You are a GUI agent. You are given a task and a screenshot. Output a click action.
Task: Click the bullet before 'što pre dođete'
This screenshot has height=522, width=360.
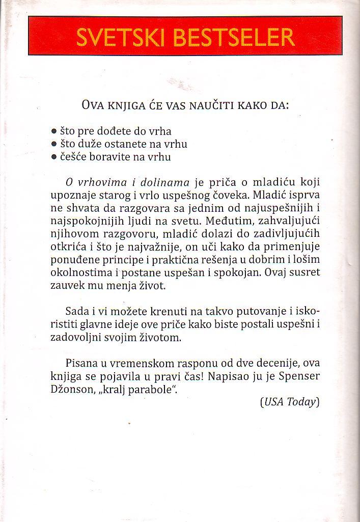(x=54, y=131)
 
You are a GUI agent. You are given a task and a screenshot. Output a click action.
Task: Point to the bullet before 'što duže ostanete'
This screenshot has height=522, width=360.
(x=54, y=145)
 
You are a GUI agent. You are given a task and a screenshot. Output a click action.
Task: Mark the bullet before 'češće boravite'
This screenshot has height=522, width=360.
(x=54, y=157)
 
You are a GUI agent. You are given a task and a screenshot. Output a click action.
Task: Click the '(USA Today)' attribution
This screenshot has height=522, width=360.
(x=289, y=402)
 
